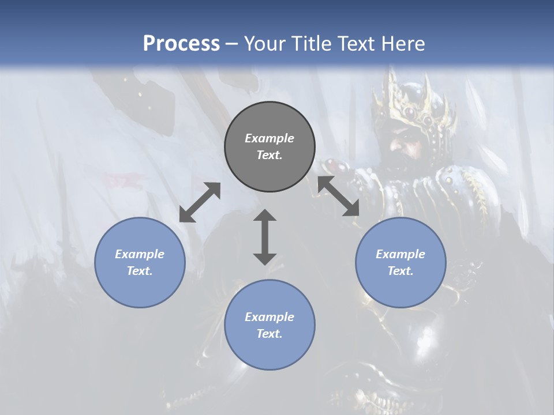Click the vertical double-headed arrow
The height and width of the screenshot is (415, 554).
[265, 237]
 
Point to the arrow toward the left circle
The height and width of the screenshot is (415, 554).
[200, 202]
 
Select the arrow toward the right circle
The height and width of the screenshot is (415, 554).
[338, 196]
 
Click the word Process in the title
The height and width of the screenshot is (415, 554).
[181, 44]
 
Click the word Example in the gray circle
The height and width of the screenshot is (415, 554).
[269, 138]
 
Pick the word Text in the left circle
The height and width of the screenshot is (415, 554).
[140, 271]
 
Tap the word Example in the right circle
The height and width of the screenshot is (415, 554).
[400, 254]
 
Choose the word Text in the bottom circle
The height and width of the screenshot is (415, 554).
[269, 334]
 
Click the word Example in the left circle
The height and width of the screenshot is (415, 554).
[140, 254]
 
